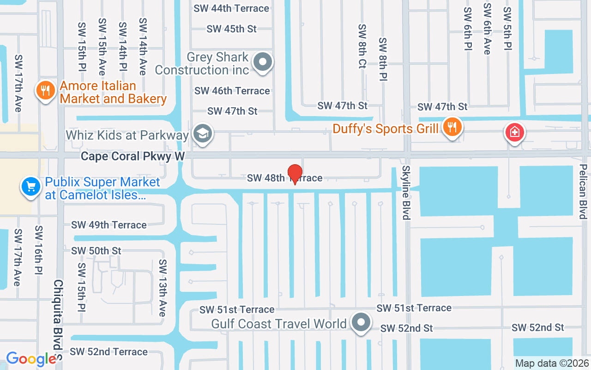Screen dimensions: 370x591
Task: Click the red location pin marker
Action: [x=295, y=174]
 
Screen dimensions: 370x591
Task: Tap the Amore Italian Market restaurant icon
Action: [x=45, y=91]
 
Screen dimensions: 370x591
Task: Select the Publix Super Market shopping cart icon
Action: [x=30, y=187]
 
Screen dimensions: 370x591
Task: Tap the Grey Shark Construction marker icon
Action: [x=264, y=62]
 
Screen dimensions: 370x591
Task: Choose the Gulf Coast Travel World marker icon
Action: [x=361, y=322]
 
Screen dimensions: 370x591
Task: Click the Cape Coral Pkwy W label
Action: [x=133, y=157]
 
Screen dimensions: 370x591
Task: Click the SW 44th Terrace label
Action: [x=231, y=8]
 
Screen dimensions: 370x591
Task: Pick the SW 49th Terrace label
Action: [x=109, y=225]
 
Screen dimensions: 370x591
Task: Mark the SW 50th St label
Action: [x=96, y=251]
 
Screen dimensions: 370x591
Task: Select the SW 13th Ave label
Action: [x=162, y=288]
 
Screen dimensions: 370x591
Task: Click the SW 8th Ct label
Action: [x=362, y=46]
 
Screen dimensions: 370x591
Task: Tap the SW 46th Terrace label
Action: [x=232, y=91]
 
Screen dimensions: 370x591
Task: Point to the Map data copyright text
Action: [x=552, y=364]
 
